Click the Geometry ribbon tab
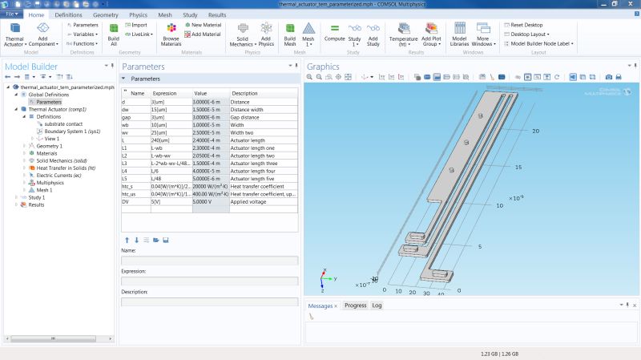pyautogui.click(x=105, y=14)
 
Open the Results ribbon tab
pyautogui.click(x=216, y=14)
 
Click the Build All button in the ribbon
pyautogui.click(x=114, y=34)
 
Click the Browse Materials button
pyautogui.click(x=171, y=34)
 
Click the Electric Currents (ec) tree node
pyautogui.click(x=61, y=175)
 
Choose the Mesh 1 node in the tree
pyautogui.click(x=45, y=190)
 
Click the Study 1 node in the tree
pyautogui.click(x=37, y=197)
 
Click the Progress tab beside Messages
pyautogui.click(x=355, y=305)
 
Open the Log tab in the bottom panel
pyautogui.click(x=377, y=305)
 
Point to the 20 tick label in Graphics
pyautogui.click(x=535, y=130)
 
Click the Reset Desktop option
pyautogui.click(x=526, y=25)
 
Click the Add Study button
pyautogui.click(x=373, y=34)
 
